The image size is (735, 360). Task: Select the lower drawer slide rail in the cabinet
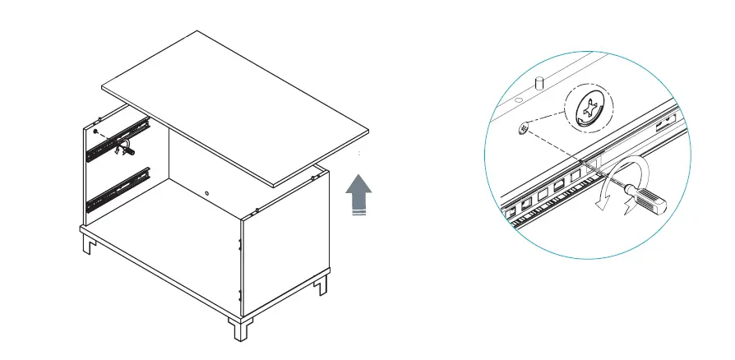(118, 187)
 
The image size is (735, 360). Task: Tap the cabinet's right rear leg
(322, 284)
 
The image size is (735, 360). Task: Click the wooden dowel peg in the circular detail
(540, 83)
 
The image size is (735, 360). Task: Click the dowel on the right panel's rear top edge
(315, 173)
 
